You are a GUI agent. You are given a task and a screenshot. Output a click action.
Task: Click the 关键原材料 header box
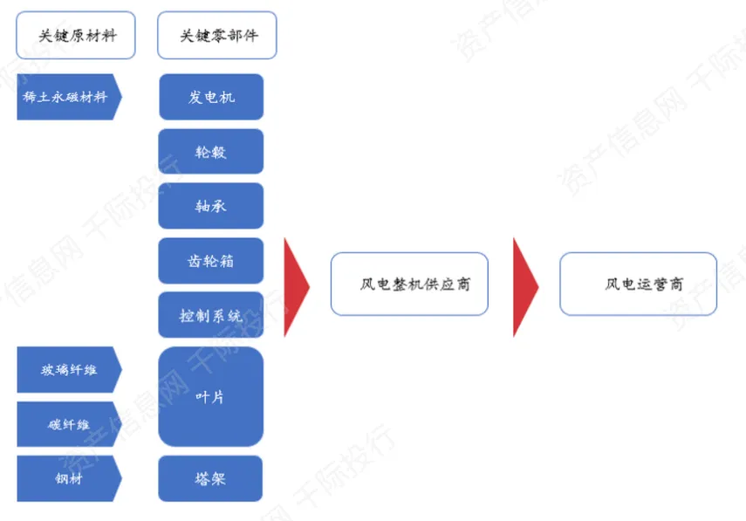(x=76, y=36)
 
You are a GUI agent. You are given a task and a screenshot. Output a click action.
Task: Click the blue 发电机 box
(x=211, y=97)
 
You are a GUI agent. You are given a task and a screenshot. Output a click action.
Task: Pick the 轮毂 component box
(x=211, y=152)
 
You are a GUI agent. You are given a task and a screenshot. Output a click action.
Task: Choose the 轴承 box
(x=211, y=206)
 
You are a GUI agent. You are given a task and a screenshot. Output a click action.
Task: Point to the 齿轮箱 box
(x=211, y=261)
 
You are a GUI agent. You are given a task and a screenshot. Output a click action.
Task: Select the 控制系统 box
(x=211, y=315)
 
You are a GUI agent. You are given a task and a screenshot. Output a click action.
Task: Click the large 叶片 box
(x=211, y=397)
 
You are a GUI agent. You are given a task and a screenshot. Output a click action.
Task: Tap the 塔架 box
(x=211, y=478)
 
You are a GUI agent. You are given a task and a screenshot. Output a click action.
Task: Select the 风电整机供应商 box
(x=409, y=284)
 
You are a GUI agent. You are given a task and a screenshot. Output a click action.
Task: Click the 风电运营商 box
(x=638, y=284)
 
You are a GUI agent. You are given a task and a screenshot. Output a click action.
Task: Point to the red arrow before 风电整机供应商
(x=296, y=285)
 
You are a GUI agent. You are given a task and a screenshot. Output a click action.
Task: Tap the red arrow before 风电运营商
(x=524, y=285)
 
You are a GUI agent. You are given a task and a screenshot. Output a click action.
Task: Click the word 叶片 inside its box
(x=211, y=397)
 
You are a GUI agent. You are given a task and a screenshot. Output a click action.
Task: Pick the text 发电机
(x=211, y=97)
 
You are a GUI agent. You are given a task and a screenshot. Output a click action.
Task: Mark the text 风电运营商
(x=644, y=284)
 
